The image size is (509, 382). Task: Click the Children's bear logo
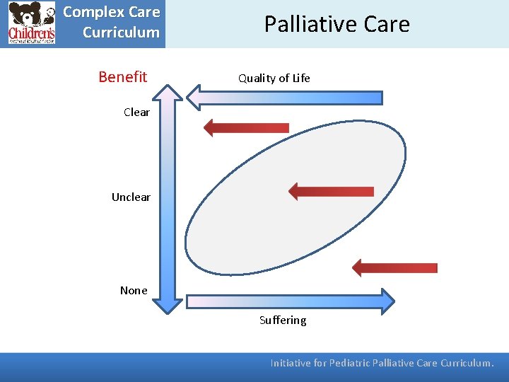pyautogui.click(x=31, y=23)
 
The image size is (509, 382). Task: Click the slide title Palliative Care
pyautogui.click(x=337, y=24)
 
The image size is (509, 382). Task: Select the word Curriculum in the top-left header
pyautogui.click(x=121, y=33)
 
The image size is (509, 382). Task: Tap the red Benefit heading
pyautogui.click(x=123, y=76)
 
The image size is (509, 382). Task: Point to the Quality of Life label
pyautogui.click(x=274, y=79)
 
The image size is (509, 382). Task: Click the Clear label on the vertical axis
pyautogui.click(x=136, y=112)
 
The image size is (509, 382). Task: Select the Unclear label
pyautogui.click(x=131, y=197)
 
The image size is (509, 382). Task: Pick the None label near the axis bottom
pyautogui.click(x=134, y=290)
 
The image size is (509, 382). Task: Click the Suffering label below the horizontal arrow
pyautogui.click(x=283, y=320)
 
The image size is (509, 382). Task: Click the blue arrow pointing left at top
pyautogui.click(x=283, y=98)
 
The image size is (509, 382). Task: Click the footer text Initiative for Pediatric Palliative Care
pyautogui.click(x=354, y=363)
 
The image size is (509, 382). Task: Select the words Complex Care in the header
pyautogui.click(x=112, y=13)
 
